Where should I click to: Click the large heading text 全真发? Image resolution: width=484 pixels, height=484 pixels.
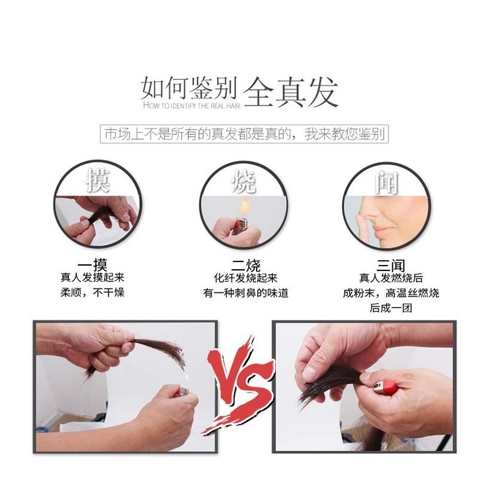coord(290,92)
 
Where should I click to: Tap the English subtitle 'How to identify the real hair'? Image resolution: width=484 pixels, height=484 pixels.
coord(192,105)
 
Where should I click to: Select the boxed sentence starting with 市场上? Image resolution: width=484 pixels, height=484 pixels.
coord(244,134)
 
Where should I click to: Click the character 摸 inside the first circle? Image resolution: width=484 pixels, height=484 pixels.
coord(98,180)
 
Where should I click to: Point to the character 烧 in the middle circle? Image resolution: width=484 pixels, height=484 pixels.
coord(244,182)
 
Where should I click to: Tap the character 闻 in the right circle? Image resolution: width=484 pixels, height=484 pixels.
coord(387,183)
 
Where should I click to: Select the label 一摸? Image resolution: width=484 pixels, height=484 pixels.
coord(93,265)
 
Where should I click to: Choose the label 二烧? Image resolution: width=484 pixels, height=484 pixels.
coord(246,266)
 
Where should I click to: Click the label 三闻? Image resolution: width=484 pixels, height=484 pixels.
coord(390,266)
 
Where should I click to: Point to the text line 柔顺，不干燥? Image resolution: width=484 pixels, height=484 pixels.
coord(93,292)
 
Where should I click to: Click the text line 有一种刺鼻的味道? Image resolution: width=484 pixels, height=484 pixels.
coord(246,293)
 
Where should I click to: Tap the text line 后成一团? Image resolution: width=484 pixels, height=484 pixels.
coord(391,308)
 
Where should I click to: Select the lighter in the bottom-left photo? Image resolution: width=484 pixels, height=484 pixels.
coord(183,391)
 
